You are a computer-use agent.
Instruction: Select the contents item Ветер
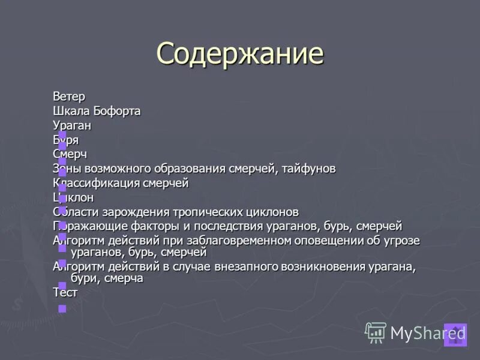point(69,96)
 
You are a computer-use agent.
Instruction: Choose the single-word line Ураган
point(72,125)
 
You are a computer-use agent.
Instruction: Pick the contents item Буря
point(66,140)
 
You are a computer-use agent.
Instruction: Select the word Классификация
point(96,183)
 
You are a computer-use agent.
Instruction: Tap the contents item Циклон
point(73,197)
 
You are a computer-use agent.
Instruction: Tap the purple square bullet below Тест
point(62,308)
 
